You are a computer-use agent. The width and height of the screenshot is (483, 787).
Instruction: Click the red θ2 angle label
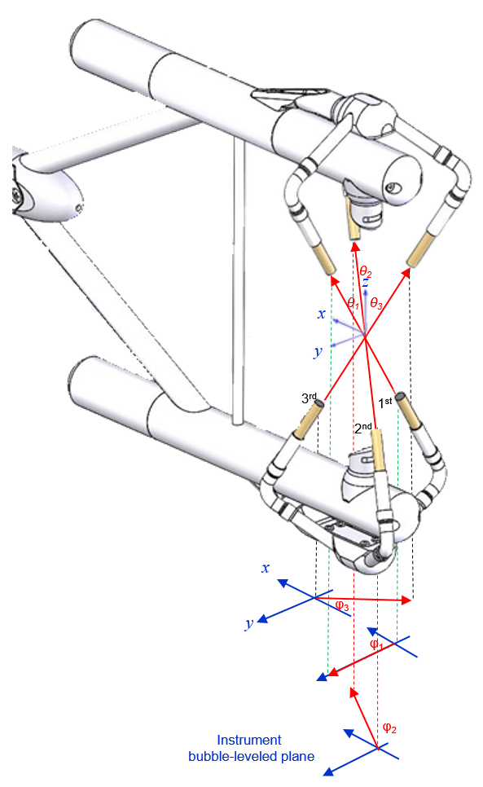coord(366,273)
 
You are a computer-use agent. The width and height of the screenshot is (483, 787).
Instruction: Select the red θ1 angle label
coord(353,303)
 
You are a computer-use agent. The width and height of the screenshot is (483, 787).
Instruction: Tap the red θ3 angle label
coord(376,303)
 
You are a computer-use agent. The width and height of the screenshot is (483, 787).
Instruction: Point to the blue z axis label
coord(365,284)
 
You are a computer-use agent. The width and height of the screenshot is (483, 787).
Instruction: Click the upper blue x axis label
coord(322,314)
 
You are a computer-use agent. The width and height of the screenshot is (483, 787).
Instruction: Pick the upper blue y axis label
coord(318,351)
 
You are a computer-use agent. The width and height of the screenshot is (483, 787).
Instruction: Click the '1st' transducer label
coord(384,402)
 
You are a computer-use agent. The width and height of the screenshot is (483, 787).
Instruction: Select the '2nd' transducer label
coord(363,428)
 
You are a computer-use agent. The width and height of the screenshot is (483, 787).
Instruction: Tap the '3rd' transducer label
coord(309,398)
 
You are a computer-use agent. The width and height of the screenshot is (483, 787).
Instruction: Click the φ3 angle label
coord(343,605)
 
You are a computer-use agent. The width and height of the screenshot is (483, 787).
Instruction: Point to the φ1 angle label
coord(376,644)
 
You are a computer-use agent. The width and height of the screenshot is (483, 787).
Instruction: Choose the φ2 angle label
coord(389,728)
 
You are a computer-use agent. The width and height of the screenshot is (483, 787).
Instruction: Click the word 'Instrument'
coord(248,740)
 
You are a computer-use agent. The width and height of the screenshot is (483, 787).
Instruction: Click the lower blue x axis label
coord(266,568)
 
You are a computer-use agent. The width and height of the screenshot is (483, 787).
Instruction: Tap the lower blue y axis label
coord(249,623)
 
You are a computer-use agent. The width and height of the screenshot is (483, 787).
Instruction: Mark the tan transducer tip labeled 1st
coord(408,411)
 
